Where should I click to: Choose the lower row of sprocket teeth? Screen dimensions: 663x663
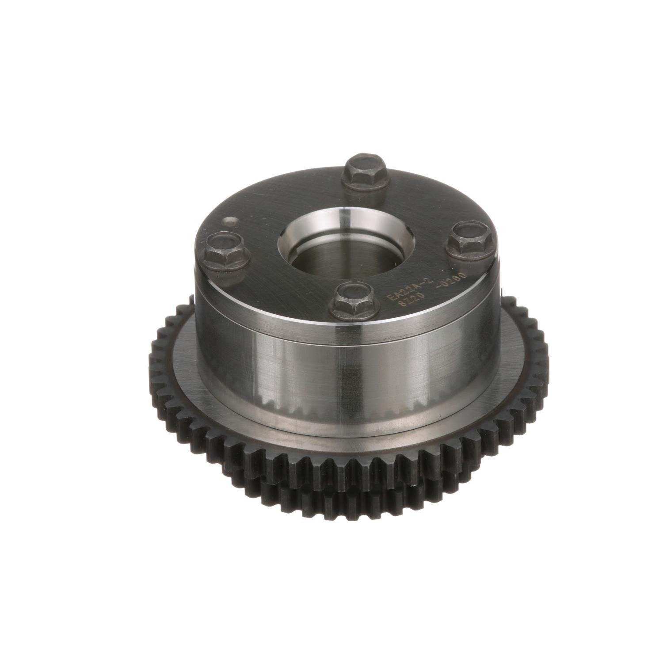click(336, 499)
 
